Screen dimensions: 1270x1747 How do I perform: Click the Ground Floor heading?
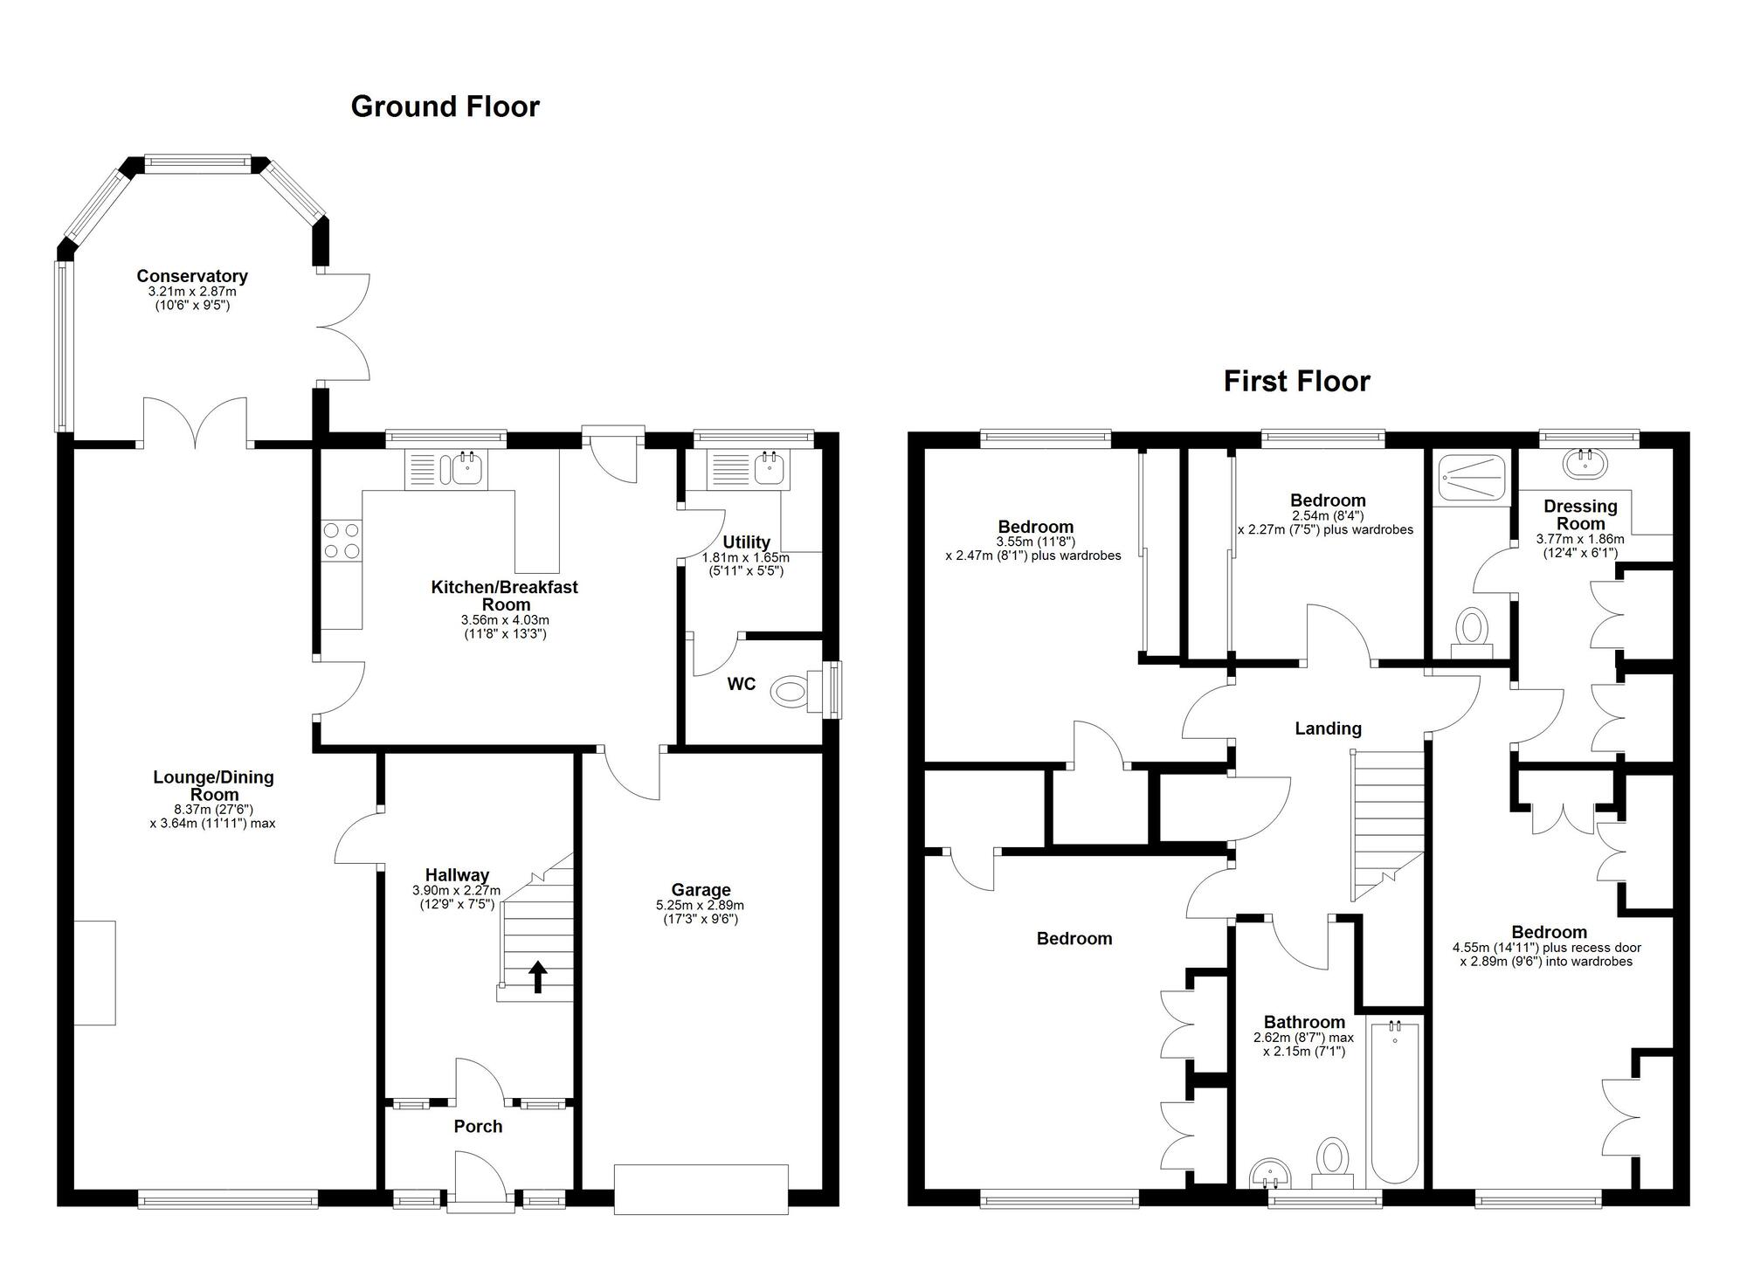click(445, 107)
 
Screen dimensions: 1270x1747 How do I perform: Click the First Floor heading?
click(1296, 381)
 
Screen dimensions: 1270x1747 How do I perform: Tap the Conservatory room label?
click(192, 276)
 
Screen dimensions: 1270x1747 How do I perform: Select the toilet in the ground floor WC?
click(792, 693)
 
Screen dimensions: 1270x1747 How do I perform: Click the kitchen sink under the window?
click(466, 470)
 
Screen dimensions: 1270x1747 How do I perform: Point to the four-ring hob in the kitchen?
click(341, 540)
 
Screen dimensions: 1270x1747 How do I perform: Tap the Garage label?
click(701, 890)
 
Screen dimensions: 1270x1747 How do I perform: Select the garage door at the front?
click(701, 1189)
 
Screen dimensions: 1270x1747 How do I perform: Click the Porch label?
click(478, 1127)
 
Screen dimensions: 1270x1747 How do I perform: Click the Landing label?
click(1328, 728)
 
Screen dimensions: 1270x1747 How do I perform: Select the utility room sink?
click(769, 470)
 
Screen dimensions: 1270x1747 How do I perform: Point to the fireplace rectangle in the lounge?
click(94, 972)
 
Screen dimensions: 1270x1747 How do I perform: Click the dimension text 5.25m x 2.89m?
click(701, 906)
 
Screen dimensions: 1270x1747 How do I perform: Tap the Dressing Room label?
click(1580, 514)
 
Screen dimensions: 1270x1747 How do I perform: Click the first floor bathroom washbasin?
click(1270, 1173)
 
